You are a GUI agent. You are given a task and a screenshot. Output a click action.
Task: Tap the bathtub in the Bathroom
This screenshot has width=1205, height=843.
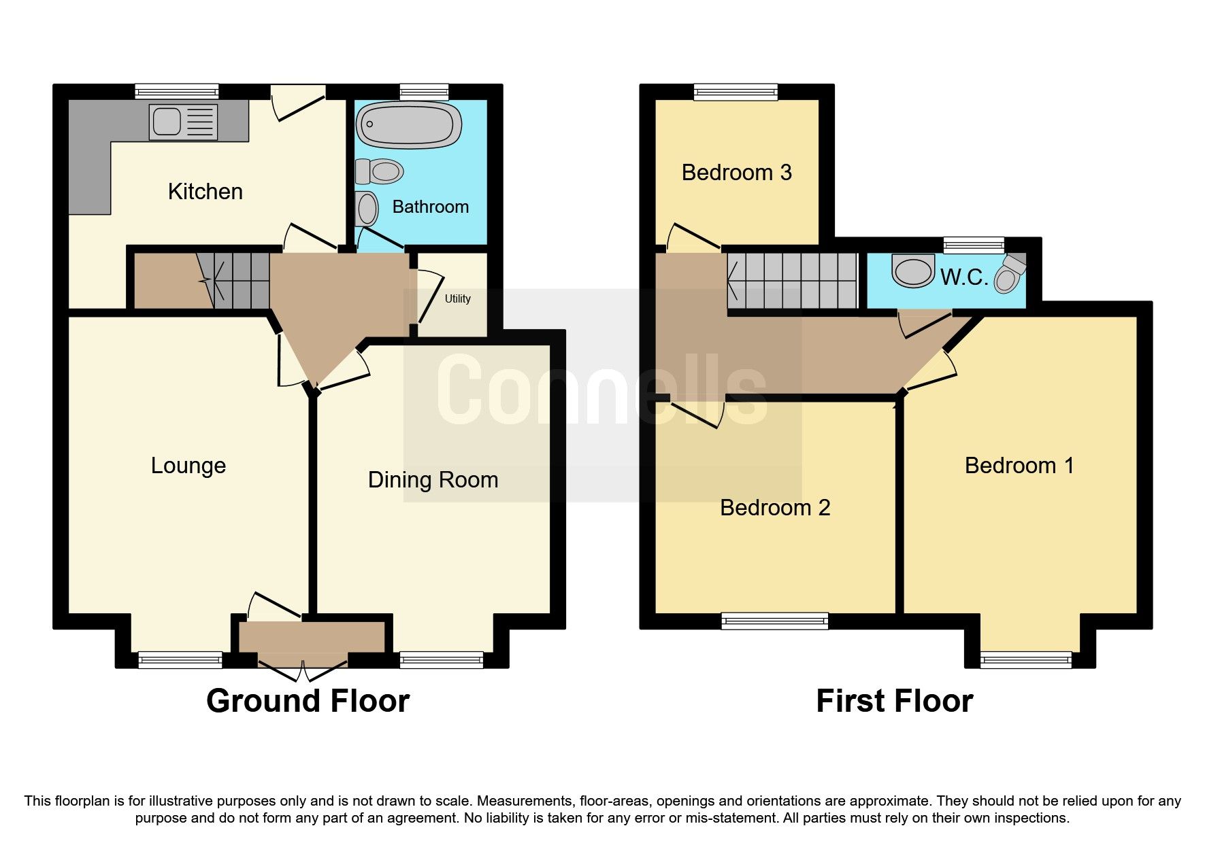coord(409,125)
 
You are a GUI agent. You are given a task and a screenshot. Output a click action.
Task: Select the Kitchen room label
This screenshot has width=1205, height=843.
coord(205,192)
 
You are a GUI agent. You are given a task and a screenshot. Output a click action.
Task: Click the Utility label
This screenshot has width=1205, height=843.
coord(457,298)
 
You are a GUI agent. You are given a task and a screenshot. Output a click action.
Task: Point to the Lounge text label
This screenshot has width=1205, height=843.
coord(188,466)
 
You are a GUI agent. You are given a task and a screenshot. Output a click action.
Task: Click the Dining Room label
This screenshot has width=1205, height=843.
coord(433,480)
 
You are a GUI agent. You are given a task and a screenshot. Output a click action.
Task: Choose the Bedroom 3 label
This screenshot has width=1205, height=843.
coord(736,173)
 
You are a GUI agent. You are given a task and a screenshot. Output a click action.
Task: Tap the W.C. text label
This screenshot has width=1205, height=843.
coord(963,277)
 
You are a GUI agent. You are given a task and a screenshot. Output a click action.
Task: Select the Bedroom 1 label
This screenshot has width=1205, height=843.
coord(1019,466)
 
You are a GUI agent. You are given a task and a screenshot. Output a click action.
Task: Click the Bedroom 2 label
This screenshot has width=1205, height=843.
coord(775,508)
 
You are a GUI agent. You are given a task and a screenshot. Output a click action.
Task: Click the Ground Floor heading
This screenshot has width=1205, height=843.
coord(308,701)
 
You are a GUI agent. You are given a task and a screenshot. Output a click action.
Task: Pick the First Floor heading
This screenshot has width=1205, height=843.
coord(894,701)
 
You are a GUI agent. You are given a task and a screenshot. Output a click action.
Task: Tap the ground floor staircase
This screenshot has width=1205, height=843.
coord(234,280)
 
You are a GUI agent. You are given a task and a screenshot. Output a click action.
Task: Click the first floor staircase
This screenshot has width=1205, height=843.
coord(792,280)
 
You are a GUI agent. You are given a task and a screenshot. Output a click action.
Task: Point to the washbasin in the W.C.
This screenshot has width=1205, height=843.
coord(913,271)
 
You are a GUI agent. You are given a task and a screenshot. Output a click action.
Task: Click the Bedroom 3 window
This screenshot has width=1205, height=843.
coord(736,92)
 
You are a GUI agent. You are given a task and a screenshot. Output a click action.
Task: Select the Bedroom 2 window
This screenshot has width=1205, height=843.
coord(774,620)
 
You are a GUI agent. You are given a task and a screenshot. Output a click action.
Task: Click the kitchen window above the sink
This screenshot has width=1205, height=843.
coord(177,92)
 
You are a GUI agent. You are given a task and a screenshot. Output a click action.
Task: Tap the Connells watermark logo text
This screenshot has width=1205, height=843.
coord(601,391)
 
